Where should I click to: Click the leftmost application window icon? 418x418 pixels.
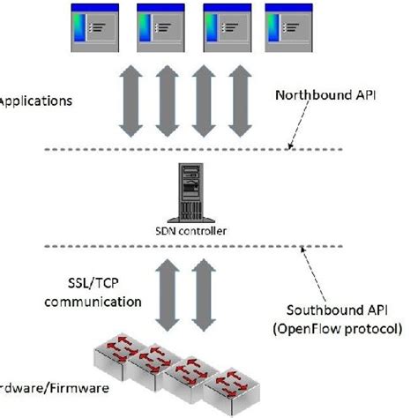tap(93, 29)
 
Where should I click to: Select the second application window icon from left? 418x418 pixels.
tap(159, 29)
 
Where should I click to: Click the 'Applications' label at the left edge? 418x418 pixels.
tap(34, 101)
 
